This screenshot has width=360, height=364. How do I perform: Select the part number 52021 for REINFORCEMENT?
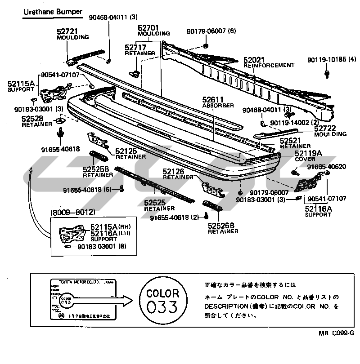pyautogui.click(x=254, y=60)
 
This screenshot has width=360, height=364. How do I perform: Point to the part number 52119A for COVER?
pyautogui.click(x=308, y=153)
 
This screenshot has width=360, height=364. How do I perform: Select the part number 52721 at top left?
pyautogui.click(x=68, y=31)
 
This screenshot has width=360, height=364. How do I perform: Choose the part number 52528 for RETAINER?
pyautogui.click(x=33, y=119)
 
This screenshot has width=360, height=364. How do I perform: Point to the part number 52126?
pyautogui.click(x=174, y=171)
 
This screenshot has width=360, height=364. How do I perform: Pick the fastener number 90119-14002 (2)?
pyautogui.click(x=295, y=122)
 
